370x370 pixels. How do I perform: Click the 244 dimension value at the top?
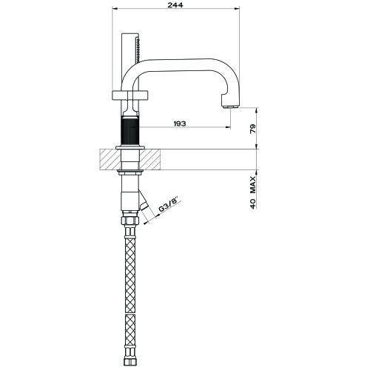tap(175, 5)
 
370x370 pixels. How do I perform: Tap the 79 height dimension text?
tap(252, 127)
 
